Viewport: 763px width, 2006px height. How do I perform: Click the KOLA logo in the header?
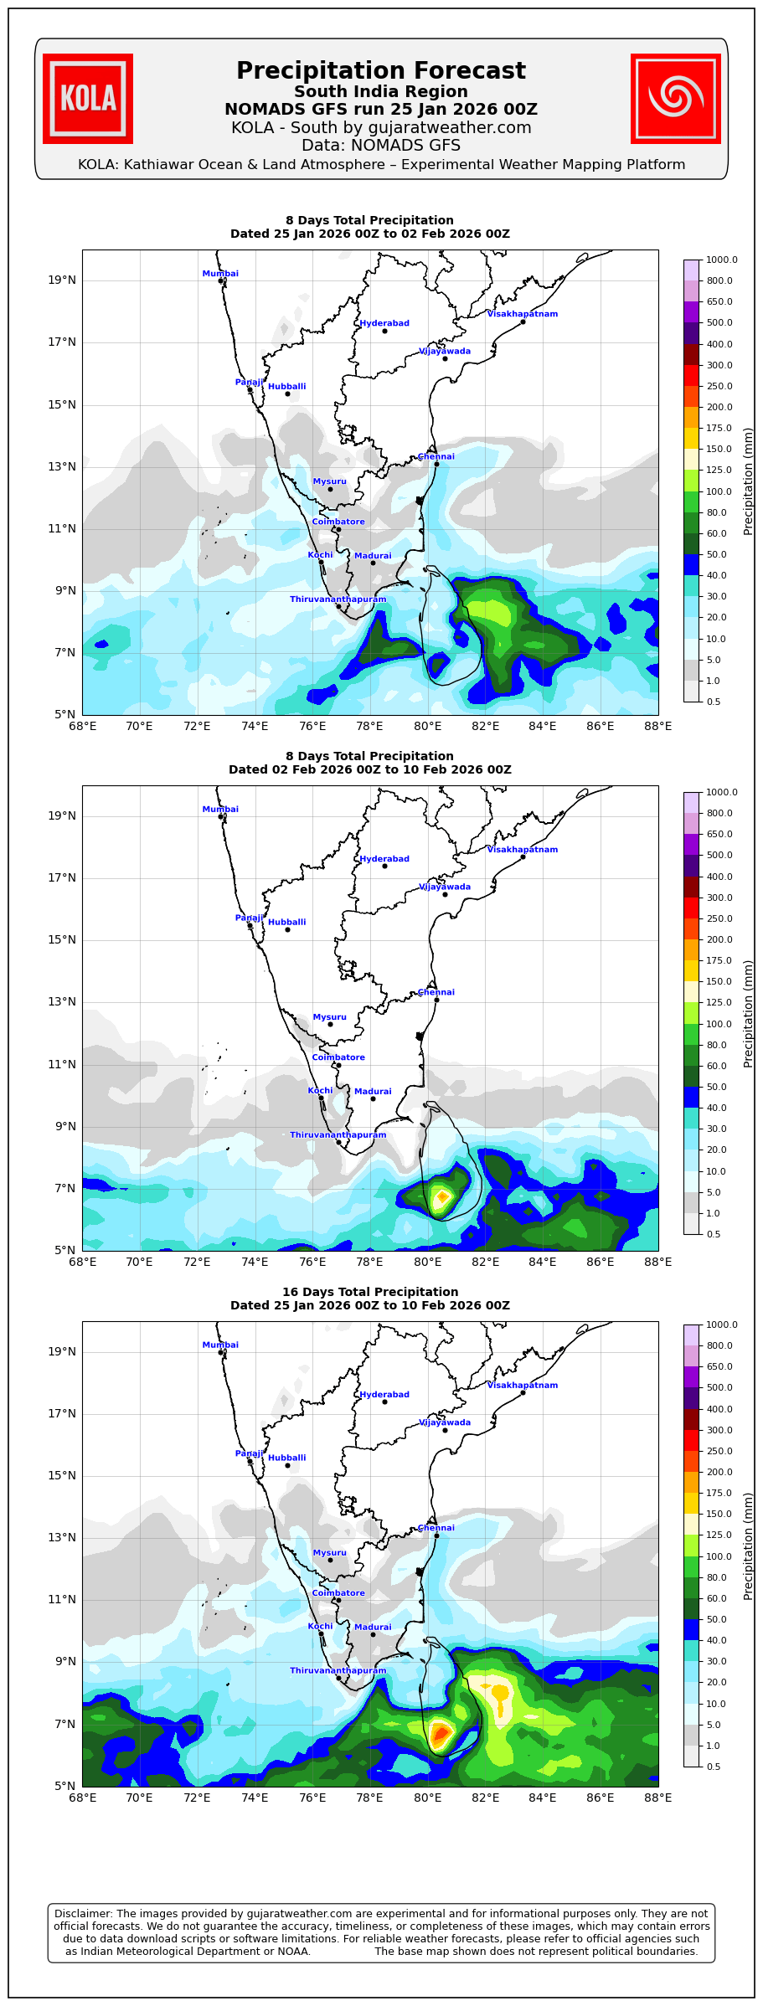(x=88, y=99)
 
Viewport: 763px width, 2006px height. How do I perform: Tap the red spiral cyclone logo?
(x=675, y=99)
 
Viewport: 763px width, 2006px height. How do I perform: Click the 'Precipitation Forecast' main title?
(x=380, y=71)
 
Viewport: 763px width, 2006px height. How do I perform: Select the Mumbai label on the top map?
(x=220, y=274)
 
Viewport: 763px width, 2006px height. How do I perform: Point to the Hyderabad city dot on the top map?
(x=384, y=331)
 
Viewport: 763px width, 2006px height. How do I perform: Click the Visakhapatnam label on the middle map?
(x=523, y=850)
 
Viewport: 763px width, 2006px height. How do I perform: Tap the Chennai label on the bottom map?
(x=436, y=1528)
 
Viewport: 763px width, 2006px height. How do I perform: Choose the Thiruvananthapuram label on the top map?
(x=338, y=599)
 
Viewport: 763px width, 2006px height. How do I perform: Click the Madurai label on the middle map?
(x=373, y=1092)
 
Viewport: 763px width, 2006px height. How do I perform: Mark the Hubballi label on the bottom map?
(x=287, y=1458)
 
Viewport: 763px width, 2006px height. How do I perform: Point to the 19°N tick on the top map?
(x=62, y=280)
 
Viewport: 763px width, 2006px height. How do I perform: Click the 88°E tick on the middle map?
(x=657, y=1262)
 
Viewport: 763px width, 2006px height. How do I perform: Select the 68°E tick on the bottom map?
(x=82, y=1798)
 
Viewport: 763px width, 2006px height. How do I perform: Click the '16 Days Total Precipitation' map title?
(x=370, y=1292)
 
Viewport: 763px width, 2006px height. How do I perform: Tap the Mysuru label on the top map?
(x=329, y=481)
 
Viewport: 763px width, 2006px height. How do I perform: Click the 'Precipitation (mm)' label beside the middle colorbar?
(x=749, y=1013)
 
